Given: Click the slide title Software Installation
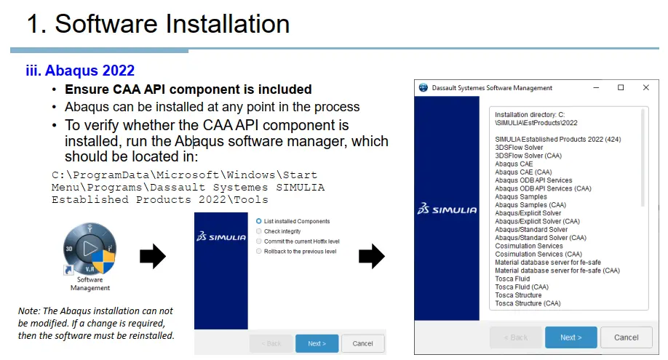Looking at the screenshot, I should [158, 24].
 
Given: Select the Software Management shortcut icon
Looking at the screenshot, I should [90, 248].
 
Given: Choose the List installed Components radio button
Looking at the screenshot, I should [258, 221].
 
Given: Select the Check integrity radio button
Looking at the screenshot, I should [258, 231].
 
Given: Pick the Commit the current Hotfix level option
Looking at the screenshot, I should [258, 241].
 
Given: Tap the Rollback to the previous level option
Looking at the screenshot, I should [258, 252].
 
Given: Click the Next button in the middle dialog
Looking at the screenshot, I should [317, 343].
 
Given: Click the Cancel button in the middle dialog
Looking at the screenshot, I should [362, 343].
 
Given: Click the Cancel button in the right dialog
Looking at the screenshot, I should [626, 337].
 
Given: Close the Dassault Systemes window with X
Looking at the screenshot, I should [645, 88].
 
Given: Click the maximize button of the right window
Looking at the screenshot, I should [621, 88].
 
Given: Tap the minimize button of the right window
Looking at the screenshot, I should [596, 88].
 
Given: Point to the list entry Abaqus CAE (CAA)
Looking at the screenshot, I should [523, 172].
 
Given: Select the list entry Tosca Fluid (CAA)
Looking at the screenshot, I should [525, 287].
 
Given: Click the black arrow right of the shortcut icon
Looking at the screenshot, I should [153, 256].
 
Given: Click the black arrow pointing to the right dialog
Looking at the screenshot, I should [372, 256].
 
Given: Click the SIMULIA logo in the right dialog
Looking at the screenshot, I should [447, 209].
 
